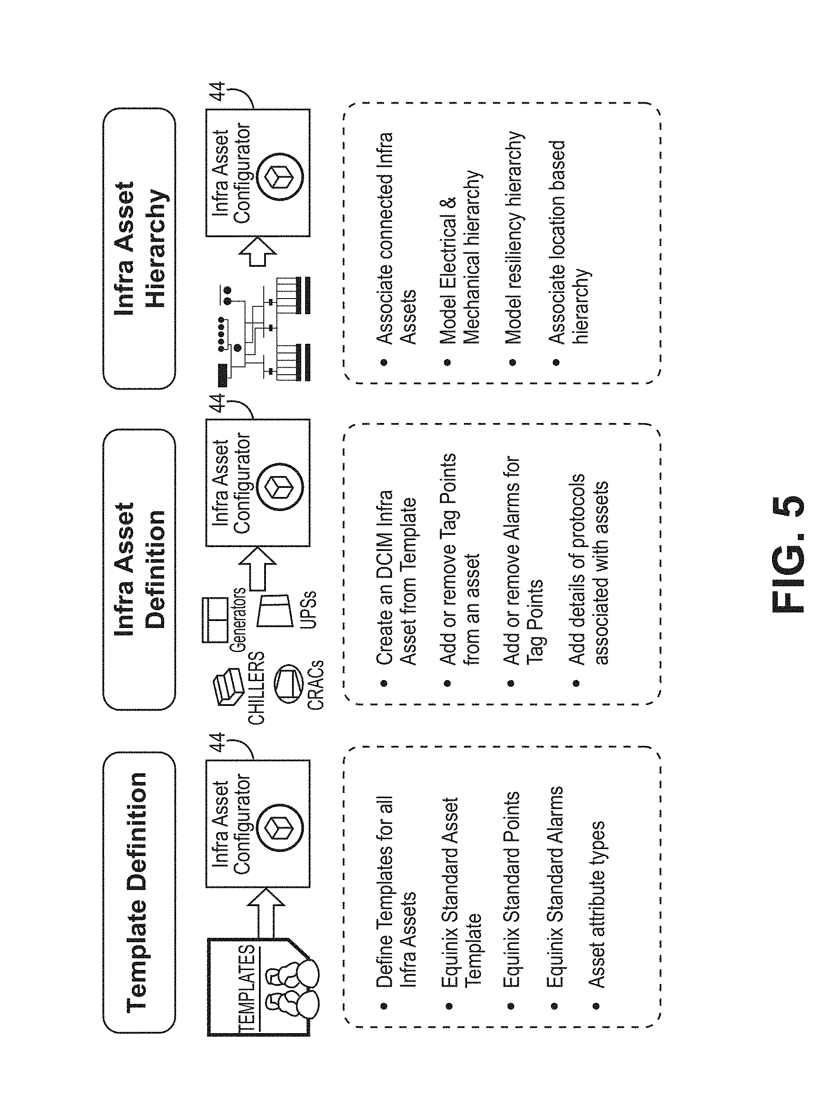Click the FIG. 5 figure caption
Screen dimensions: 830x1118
tap(787, 554)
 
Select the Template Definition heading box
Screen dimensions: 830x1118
tap(139, 893)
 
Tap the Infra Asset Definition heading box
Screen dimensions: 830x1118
tap(139, 569)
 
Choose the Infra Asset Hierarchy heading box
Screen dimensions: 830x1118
tap(139, 248)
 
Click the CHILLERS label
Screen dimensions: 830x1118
tap(256, 688)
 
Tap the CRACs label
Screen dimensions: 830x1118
tap(316, 685)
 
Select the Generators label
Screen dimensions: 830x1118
tap(238, 620)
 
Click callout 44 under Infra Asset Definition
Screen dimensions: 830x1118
tap(217, 403)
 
